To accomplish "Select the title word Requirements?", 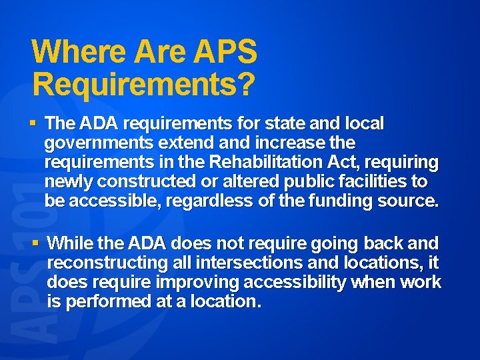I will click(143, 84).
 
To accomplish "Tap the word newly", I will click(65, 182).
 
